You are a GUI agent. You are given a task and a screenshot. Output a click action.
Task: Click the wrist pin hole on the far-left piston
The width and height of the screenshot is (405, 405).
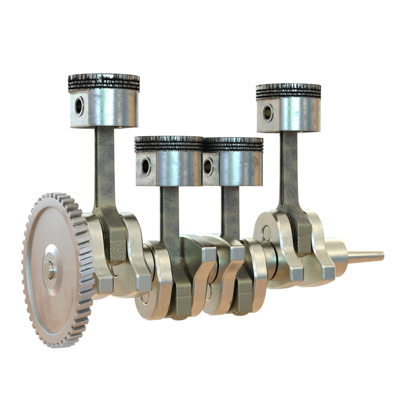(x=79, y=106)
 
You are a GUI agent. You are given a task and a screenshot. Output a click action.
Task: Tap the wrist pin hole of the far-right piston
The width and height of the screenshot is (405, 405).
(x=267, y=112)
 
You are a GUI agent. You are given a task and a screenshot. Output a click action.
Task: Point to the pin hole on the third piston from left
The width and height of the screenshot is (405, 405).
(x=208, y=166)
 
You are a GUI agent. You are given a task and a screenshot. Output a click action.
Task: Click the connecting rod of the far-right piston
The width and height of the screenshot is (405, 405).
(x=290, y=167)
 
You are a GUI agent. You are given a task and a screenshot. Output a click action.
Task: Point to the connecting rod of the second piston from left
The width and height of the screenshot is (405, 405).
(x=169, y=213)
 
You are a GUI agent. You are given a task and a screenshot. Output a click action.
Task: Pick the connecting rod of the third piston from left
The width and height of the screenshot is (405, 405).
(x=230, y=208)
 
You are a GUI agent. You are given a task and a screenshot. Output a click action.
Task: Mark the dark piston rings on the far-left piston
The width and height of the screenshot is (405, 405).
(x=104, y=83)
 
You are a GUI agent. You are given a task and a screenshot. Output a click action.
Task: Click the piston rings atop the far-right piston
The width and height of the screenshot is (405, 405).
(x=289, y=91)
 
